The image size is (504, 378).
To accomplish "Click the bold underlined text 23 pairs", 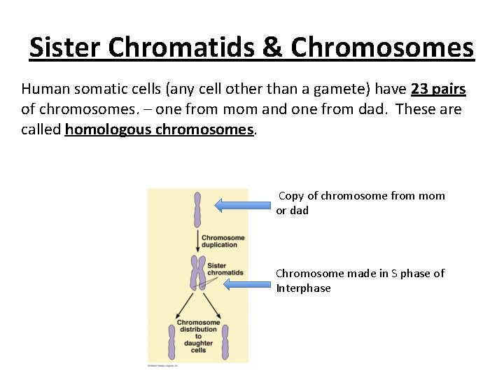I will [x=439, y=90].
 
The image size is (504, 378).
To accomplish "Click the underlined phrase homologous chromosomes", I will [x=160, y=129].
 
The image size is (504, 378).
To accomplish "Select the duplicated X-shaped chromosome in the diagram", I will [x=197, y=272].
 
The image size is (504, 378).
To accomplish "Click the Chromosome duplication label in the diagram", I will [x=223, y=241].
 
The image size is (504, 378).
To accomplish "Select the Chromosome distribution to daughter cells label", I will [x=198, y=336].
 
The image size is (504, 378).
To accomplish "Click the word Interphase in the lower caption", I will [x=303, y=288].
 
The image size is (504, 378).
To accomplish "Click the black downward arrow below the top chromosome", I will [x=197, y=241].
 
